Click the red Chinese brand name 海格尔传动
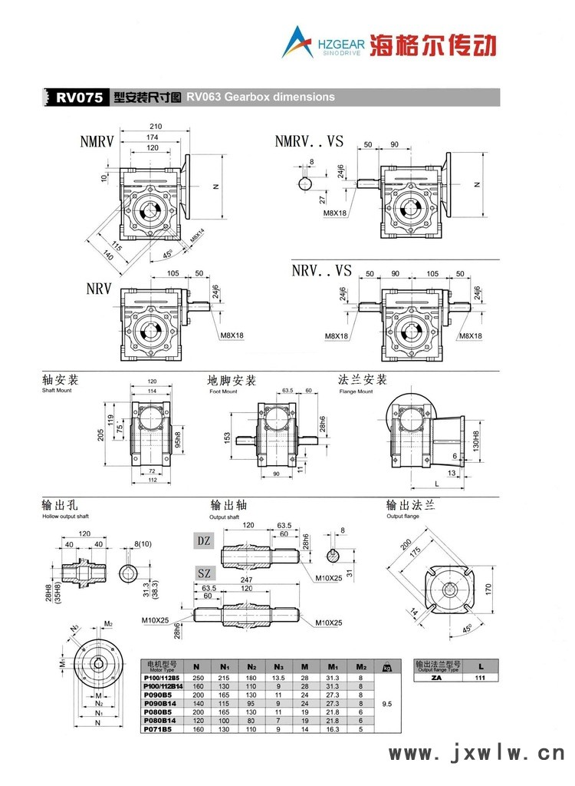(432, 44)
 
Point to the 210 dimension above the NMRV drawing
(156, 127)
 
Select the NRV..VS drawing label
(321, 270)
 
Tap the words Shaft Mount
(58, 391)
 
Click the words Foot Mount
(223, 391)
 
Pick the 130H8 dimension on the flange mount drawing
(477, 442)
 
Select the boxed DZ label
(204, 541)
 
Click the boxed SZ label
(204, 573)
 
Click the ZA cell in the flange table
(436, 678)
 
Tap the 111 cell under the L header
(480, 678)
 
